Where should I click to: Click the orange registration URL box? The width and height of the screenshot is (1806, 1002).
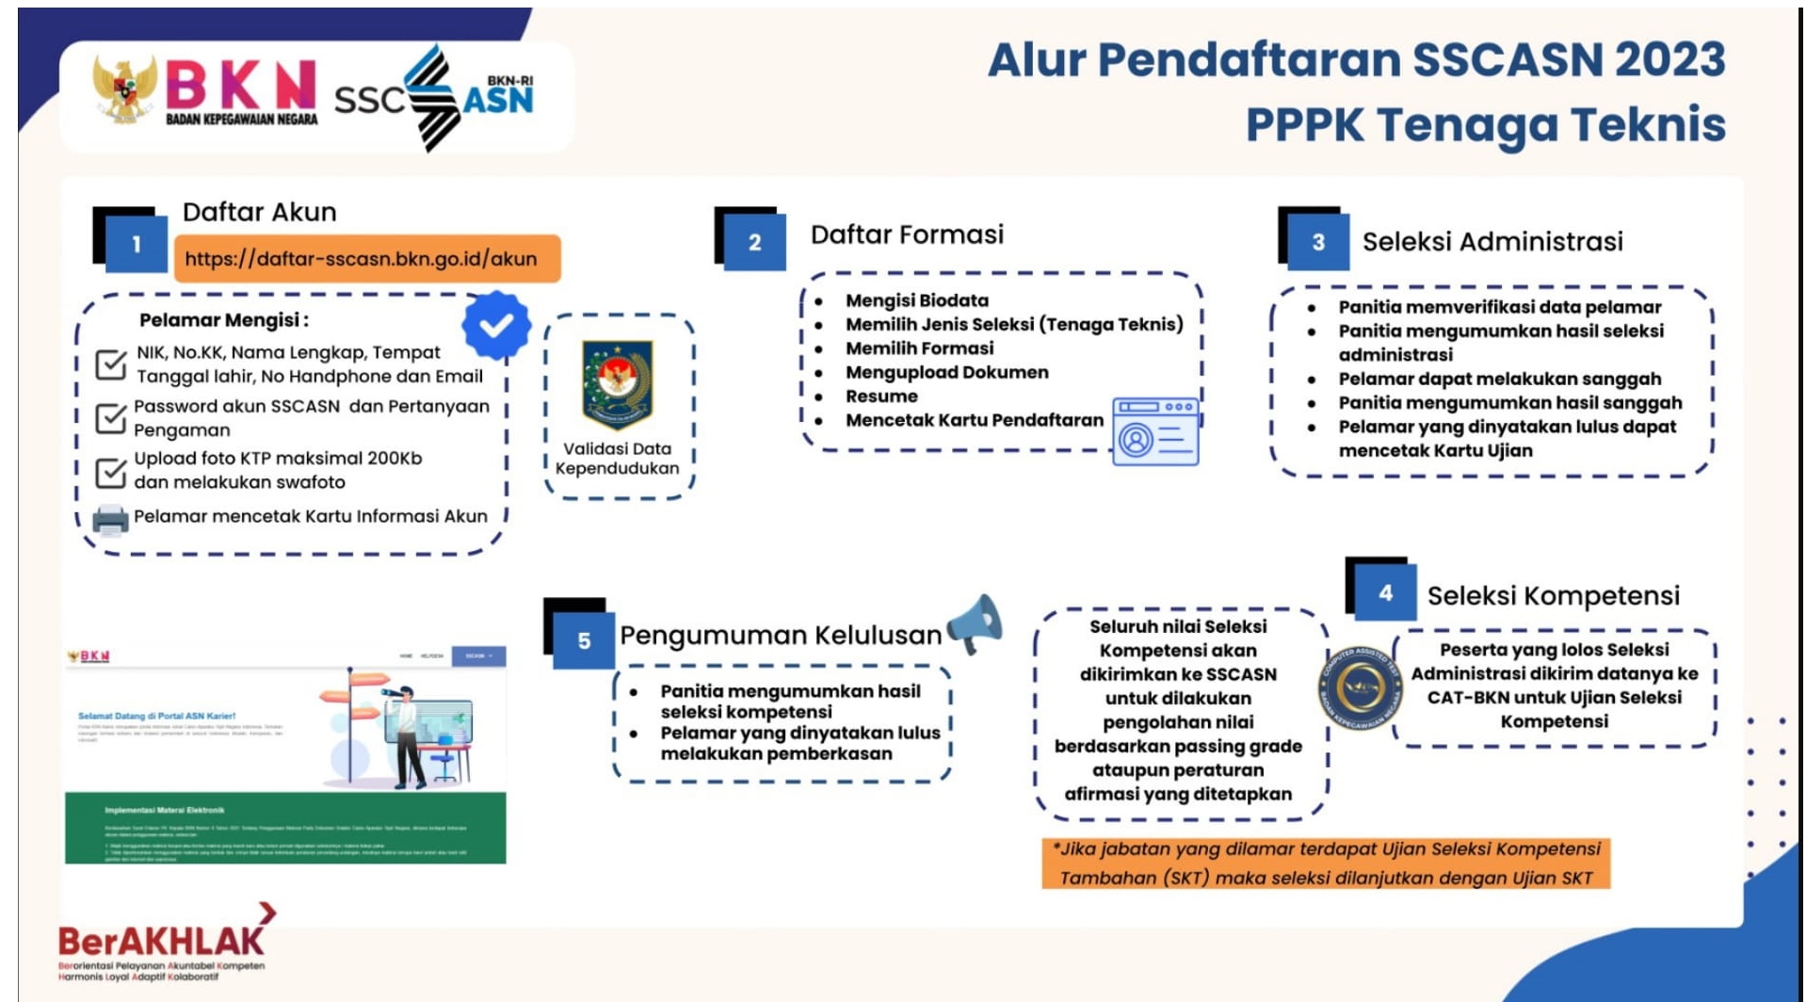pos(367,259)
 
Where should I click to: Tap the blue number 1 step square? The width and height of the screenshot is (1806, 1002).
pos(137,245)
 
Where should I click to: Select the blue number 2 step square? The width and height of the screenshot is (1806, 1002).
pos(754,243)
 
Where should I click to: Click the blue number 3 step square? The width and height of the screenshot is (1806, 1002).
pos(1317,243)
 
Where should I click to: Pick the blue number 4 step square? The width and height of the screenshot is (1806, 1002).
pos(1385,593)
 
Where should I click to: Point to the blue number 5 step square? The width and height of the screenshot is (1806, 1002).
pos(584,641)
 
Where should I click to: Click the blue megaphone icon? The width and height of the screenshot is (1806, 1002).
pos(976,624)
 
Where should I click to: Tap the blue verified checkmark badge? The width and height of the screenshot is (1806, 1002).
pos(496,325)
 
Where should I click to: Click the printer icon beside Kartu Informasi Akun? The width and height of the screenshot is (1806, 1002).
pos(110,520)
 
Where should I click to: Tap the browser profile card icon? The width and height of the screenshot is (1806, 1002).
pos(1155,431)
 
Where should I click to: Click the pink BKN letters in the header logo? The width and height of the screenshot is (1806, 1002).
pos(240,86)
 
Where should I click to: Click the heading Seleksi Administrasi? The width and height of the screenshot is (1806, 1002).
pos(1492,242)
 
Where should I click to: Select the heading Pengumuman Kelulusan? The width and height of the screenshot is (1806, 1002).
pos(780,636)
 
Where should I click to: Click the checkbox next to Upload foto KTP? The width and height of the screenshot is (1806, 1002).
pos(111,471)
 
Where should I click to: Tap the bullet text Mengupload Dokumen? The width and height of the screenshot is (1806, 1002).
pos(946,372)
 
